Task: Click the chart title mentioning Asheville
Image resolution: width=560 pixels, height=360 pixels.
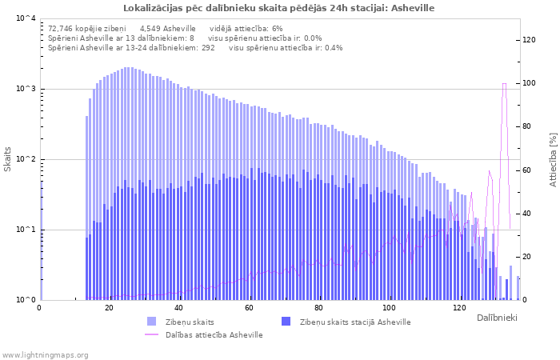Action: [279, 8]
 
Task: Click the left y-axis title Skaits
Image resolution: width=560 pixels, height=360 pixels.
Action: [8, 158]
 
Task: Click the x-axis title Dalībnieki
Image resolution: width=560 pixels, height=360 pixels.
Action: [497, 318]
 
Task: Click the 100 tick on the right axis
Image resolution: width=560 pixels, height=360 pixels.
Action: [530, 83]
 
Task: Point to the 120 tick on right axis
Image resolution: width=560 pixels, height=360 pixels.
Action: [530, 40]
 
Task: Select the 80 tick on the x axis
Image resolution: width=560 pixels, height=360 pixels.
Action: [319, 308]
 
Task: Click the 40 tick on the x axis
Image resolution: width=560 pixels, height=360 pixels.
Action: [179, 308]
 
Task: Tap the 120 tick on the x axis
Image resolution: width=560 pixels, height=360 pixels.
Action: [459, 308]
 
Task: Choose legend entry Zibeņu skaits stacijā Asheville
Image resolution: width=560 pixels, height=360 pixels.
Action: [355, 322]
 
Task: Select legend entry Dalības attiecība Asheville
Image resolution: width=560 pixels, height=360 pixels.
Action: [214, 334]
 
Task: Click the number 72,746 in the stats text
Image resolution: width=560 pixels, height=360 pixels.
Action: [63, 28]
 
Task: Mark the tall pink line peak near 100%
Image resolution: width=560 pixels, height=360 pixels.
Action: [504, 84]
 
